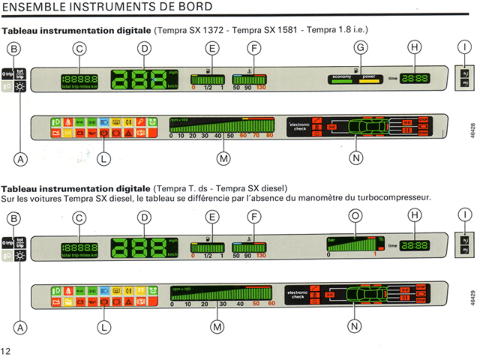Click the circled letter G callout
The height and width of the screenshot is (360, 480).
click(361, 47)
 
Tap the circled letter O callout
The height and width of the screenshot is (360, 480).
click(355, 216)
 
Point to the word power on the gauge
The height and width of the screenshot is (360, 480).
click(369, 76)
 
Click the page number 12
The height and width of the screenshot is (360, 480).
click(6, 351)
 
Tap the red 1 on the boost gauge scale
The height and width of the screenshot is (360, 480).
click(374, 256)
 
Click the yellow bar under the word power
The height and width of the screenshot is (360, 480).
click(370, 81)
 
